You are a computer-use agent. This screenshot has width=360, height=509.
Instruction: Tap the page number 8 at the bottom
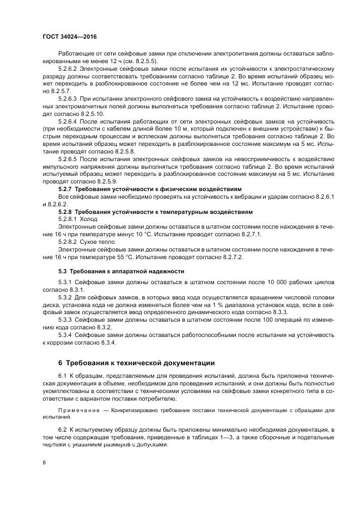pos(44,463)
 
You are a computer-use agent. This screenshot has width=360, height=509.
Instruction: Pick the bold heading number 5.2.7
pos(65,188)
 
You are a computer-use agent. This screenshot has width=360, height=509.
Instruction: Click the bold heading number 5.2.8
pos(65,211)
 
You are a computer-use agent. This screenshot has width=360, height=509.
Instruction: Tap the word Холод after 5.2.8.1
pos(89,219)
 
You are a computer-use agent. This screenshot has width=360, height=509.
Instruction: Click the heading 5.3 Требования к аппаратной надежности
pos(121,271)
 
